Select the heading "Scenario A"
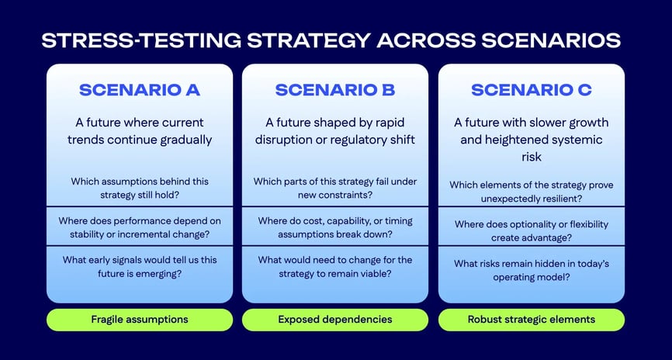140,90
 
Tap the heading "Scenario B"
335,90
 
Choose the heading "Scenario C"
532,90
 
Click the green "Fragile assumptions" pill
140,320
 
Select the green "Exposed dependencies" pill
335,320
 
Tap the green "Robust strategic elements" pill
532,320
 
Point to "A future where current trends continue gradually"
140,131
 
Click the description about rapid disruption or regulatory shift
335,131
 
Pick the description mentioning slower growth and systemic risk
532,139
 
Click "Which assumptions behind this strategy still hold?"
140,188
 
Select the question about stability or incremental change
140,227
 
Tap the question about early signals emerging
140,266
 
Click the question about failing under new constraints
335,188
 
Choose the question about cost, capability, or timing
335,227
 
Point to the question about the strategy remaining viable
335,266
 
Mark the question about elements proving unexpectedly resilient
532,192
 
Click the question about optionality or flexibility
532,230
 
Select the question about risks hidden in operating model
532,270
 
